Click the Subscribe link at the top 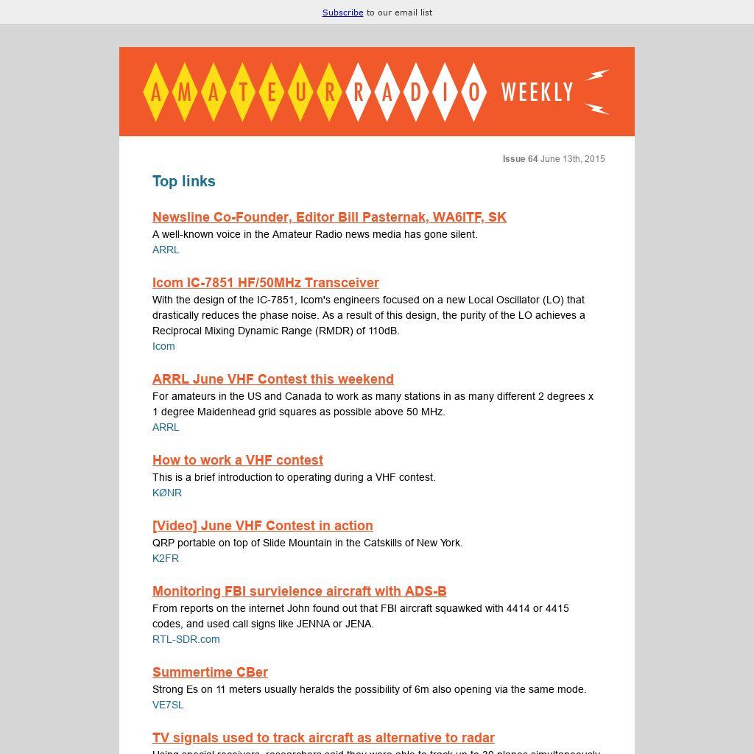342,13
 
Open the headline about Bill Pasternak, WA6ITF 329,217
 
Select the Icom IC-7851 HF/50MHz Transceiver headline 265,283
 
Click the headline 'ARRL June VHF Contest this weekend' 272,379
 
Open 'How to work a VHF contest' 237,460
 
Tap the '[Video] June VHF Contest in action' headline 262,526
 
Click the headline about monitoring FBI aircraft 299,591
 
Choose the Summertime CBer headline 210,672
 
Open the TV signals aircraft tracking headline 323,738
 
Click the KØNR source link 167,493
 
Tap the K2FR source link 166,558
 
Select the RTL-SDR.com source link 186,639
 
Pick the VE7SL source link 168,705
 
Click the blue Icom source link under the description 163,346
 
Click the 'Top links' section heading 184,181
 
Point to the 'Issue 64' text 520,159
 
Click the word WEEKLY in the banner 537,92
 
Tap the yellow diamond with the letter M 185,92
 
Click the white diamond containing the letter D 416,92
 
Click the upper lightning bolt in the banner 597,75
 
